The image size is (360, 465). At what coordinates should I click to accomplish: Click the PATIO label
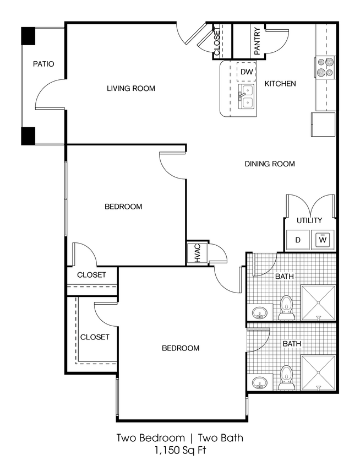coord(43,64)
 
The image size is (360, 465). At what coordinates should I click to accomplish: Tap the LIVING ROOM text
coord(130,88)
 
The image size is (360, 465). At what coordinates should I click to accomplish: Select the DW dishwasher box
coord(247,72)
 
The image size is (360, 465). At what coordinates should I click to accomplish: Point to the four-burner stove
coord(325,67)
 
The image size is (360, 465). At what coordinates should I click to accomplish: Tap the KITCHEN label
coord(280,84)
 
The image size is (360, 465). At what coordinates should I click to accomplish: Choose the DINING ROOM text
coord(270,164)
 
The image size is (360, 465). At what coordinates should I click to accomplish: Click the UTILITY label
coord(309,220)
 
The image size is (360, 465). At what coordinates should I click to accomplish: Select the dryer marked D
coord(298,240)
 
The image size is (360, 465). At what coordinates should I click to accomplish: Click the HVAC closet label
coord(197,254)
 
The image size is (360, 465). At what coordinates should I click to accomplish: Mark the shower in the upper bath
coord(318,302)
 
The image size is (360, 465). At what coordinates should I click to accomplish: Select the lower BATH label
coord(292,344)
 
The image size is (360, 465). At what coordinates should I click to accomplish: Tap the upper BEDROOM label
coord(123,207)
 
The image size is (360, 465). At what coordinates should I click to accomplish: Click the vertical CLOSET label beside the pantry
coord(216,42)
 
